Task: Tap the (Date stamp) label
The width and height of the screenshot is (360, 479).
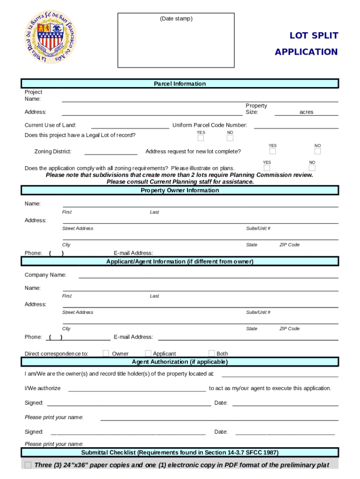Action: coord(176,19)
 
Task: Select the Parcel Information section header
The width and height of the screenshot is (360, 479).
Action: coord(180,84)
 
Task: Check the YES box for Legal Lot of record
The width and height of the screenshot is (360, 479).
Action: coord(201,138)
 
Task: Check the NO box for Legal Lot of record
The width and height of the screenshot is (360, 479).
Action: coord(230,138)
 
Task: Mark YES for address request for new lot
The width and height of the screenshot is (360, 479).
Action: coord(273,151)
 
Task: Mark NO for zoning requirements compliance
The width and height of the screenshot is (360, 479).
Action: coord(312,168)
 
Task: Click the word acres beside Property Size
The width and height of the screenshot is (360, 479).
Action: coord(306,112)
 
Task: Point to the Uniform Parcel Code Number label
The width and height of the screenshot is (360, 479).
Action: coord(209,125)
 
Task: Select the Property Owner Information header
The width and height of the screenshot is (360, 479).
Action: coord(180,190)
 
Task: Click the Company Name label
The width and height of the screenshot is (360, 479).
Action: coord(45,275)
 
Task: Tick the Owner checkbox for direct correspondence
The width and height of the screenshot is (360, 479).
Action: coord(106,353)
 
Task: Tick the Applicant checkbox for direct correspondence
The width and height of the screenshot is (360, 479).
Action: coord(148,353)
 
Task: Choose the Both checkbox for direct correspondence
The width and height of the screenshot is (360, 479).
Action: coord(212,353)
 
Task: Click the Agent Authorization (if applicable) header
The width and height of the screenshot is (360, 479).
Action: coord(180,362)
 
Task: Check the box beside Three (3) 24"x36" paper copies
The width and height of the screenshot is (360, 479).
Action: coord(28,465)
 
